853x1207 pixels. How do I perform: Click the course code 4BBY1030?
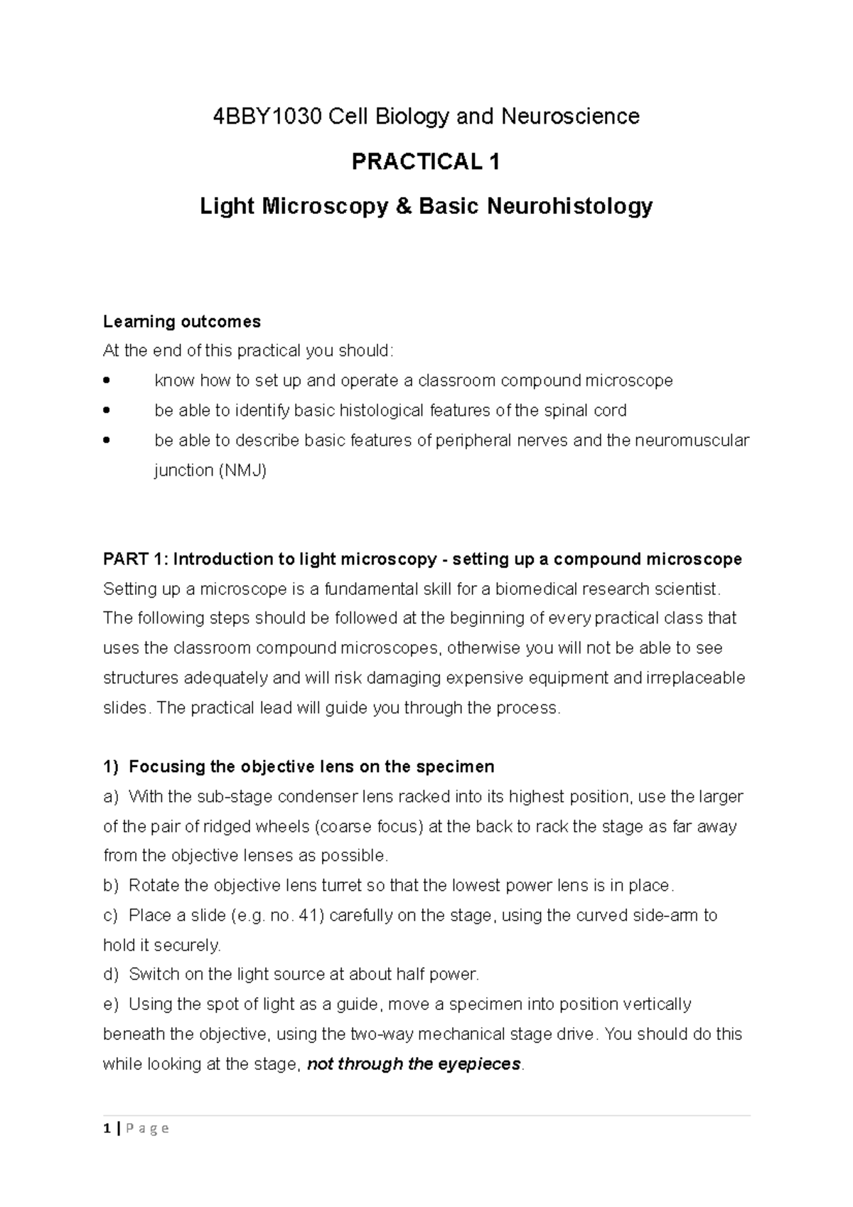268,116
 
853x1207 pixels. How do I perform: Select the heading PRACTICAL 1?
426,162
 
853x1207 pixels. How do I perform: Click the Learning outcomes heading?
182,321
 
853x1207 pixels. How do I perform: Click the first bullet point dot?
107,380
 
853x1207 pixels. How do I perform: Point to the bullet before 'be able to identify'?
107,410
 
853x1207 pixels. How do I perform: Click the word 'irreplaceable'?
695,677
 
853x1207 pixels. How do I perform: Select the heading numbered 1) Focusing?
299,767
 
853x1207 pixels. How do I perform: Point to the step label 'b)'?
109,886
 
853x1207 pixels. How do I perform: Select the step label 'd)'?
109,975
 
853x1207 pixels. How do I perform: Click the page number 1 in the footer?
106,1129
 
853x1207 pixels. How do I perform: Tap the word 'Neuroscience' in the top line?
571,116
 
